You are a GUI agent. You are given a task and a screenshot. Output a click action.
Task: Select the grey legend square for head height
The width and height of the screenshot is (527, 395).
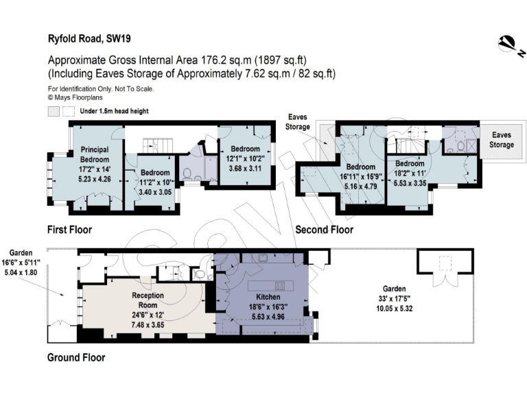[x=54, y=111]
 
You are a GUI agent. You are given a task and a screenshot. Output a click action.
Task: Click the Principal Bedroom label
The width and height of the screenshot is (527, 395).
[x=95, y=154]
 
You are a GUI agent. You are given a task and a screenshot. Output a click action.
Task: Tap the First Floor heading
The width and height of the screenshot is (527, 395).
[x=69, y=229]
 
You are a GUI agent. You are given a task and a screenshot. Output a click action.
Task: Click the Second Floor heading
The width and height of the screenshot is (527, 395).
[x=324, y=230]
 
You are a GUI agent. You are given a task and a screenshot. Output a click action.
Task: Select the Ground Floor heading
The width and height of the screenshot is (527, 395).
[x=75, y=357]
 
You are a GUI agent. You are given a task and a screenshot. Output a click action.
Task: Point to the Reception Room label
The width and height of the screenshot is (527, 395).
[x=148, y=300]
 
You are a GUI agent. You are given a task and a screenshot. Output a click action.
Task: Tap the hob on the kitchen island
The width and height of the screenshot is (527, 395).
[x=280, y=284]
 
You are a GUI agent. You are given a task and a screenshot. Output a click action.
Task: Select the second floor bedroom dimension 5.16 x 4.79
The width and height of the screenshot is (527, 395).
[x=361, y=185]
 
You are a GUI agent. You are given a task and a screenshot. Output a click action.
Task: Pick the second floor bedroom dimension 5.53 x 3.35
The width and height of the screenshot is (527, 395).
[x=408, y=182]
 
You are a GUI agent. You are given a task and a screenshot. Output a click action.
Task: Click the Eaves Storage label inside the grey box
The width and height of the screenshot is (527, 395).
[x=501, y=141]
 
